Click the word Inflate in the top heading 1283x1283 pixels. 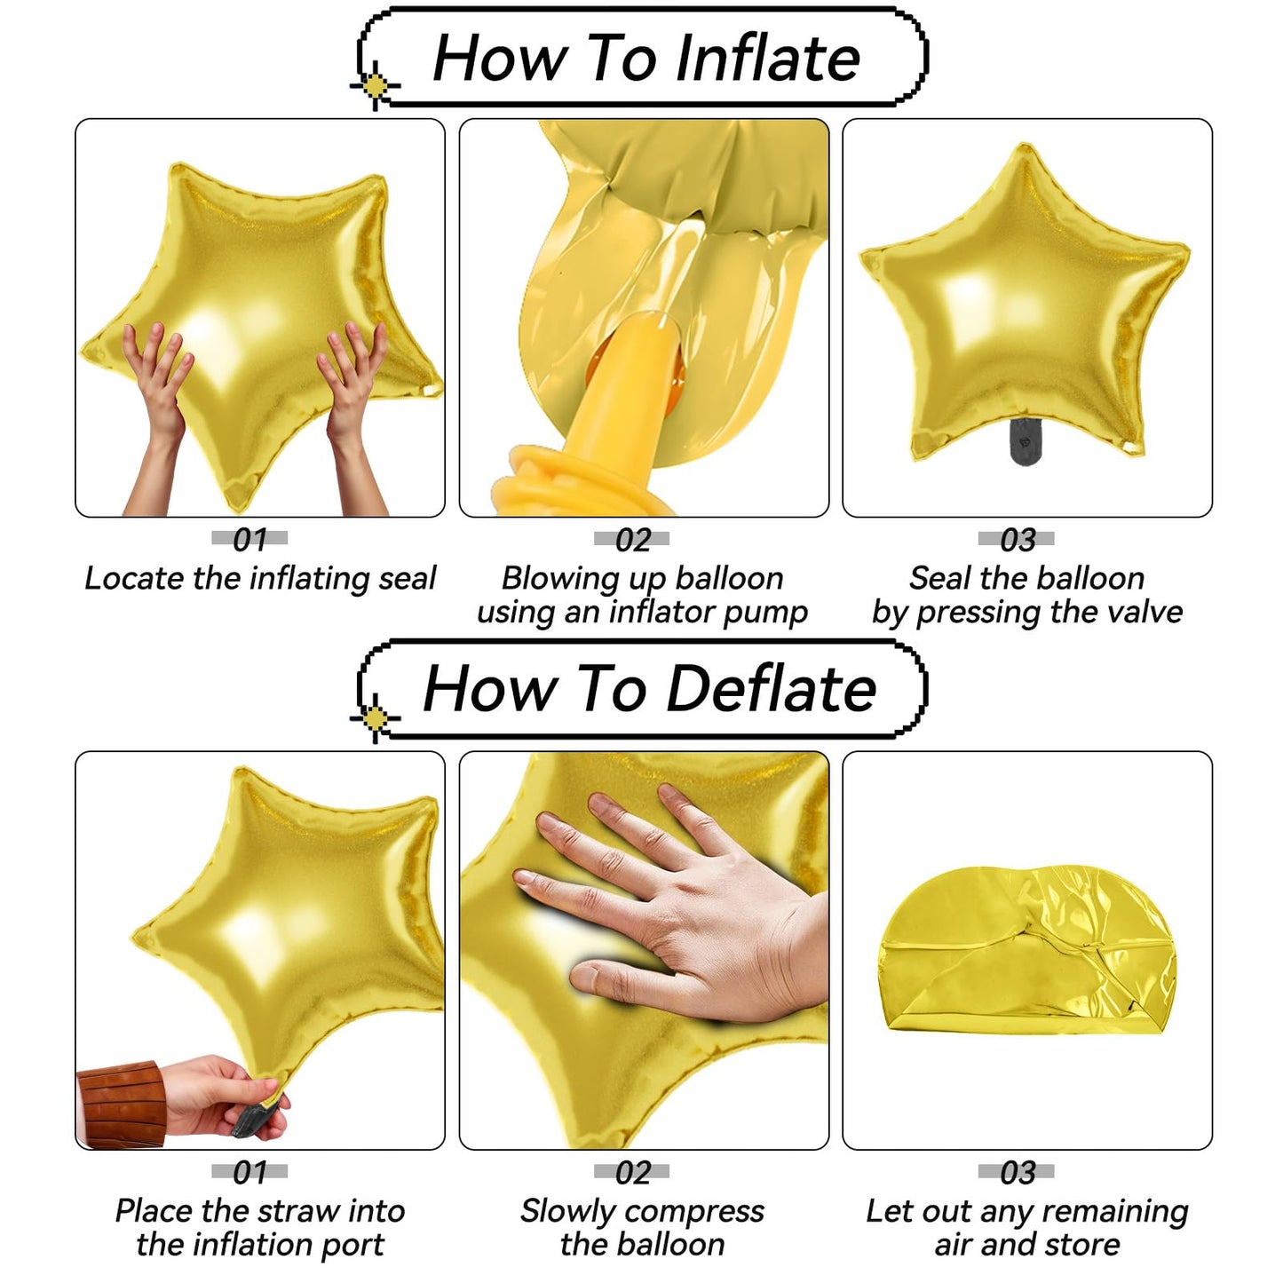(767, 58)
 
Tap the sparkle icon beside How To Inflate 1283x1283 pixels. (375, 86)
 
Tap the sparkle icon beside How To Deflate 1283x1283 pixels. (375, 717)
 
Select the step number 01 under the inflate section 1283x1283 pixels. (249, 540)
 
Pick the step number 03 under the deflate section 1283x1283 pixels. (1017, 1173)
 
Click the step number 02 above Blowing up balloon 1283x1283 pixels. (632, 540)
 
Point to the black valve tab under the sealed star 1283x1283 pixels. (1025, 441)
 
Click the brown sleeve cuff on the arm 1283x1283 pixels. (121, 1105)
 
